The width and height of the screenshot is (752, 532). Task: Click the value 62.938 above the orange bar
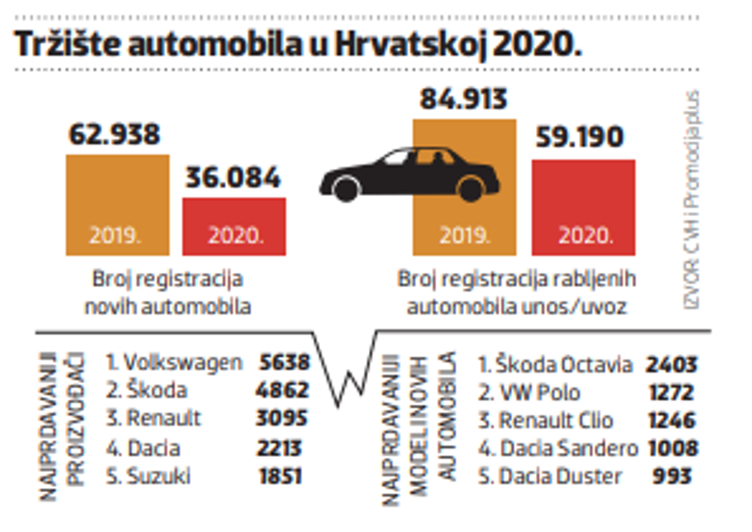pos(114,134)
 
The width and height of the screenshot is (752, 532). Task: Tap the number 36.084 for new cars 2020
pos(233,177)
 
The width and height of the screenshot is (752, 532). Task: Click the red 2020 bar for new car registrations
pos(234,226)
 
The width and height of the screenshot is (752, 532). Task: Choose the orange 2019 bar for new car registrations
pos(117,205)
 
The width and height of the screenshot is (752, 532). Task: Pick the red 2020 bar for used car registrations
pos(583,207)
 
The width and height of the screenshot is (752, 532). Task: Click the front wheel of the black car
pos(346,189)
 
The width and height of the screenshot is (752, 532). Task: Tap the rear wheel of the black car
pos(470,189)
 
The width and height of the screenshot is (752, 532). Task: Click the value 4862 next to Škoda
pos(284,391)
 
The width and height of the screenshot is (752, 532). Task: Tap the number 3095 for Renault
pos(284,419)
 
